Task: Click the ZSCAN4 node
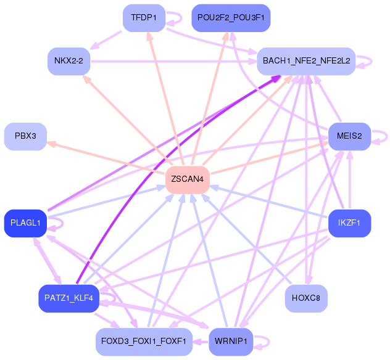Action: (188, 179)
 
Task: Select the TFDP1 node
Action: (144, 18)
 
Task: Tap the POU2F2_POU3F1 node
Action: (231, 18)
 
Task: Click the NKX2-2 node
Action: (69, 61)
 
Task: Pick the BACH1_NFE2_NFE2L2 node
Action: (306, 61)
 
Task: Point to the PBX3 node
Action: (25, 136)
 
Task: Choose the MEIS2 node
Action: (349, 136)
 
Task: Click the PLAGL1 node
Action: (25, 223)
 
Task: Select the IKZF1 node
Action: (349, 223)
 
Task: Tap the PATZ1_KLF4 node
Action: (69, 298)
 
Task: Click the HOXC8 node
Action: (306, 298)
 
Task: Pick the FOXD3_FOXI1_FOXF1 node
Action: (144, 342)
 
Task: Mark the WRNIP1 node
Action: (231, 342)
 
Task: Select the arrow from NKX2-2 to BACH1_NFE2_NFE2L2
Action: (173, 61)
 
